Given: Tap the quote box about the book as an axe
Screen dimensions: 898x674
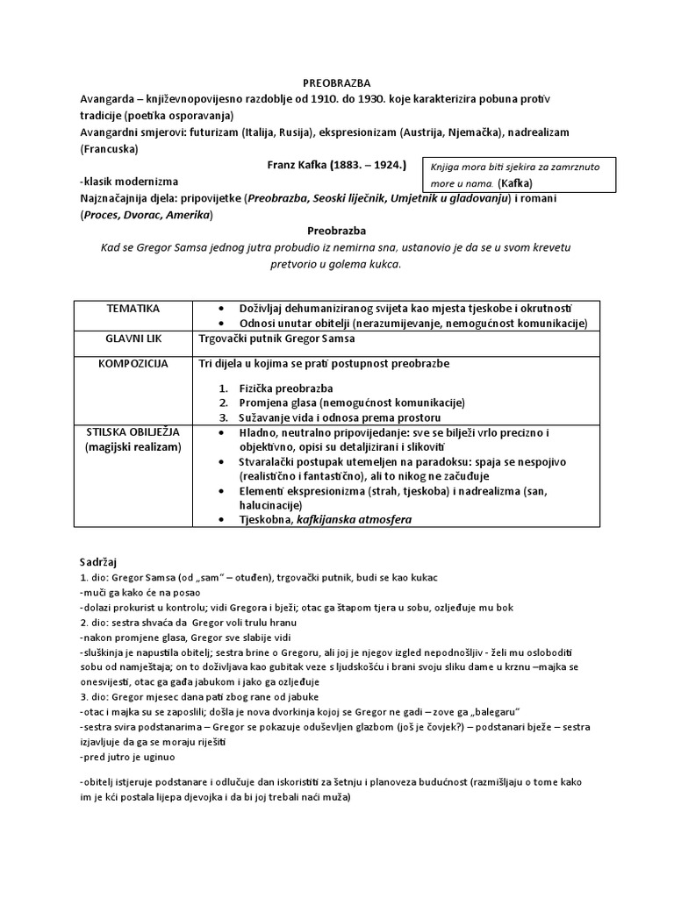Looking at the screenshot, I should (518, 175).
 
